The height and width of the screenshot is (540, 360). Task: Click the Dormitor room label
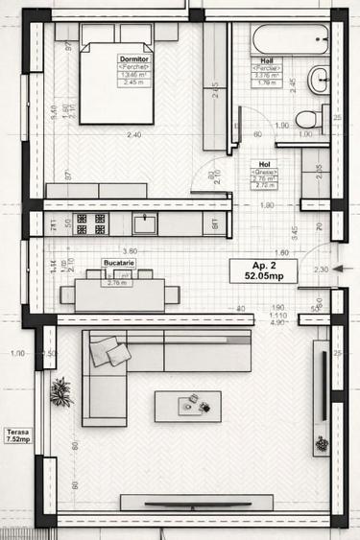[x=134, y=59]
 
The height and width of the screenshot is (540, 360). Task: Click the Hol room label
[x=266, y=166]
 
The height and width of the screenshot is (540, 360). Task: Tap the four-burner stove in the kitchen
[x=90, y=223]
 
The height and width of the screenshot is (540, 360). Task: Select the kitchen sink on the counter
[x=146, y=223]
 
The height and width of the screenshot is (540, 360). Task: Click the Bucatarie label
[x=118, y=262]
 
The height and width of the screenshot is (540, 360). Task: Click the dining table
[x=119, y=293]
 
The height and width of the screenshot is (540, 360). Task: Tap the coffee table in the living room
[x=187, y=406]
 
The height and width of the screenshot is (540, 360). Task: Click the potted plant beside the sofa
[x=61, y=390]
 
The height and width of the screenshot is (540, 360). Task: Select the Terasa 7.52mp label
[x=15, y=436]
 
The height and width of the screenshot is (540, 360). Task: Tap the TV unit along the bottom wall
[x=196, y=502]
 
